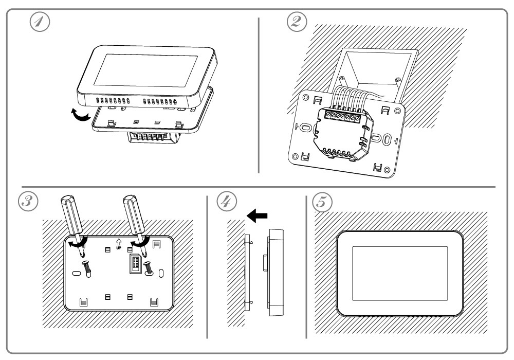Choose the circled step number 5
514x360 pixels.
tap(323, 201)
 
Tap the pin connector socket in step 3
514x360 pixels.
tap(135, 263)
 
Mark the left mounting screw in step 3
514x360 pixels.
tap(86, 267)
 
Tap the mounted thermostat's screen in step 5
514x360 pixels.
tap(400, 273)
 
